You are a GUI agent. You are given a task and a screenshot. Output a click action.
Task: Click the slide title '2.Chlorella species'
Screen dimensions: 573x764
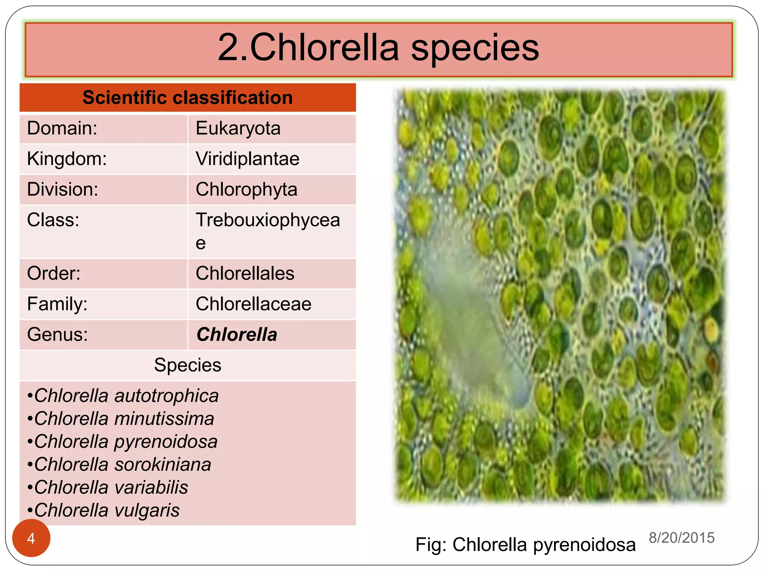coord(378,48)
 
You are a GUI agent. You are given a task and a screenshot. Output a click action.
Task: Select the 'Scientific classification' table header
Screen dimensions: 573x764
coord(187,98)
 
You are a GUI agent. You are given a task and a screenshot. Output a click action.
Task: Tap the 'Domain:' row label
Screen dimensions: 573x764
coord(62,128)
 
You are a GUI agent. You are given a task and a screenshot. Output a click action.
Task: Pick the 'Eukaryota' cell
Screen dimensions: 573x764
coord(238,128)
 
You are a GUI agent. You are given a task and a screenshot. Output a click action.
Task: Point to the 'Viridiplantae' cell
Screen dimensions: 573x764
coord(247,159)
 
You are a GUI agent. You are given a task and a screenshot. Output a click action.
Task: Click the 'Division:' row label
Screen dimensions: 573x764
coord(63,190)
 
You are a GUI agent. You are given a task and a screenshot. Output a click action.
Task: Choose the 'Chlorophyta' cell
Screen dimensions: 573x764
coord(246,190)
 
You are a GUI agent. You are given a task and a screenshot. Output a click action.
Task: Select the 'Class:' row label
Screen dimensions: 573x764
coord(53,220)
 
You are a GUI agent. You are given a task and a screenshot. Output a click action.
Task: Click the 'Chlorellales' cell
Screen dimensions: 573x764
coord(245,273)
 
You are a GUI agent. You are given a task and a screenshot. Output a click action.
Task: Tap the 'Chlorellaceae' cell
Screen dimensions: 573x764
coord(253,304)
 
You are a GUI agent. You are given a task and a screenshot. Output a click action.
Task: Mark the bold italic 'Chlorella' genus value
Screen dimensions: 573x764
coord(237,335)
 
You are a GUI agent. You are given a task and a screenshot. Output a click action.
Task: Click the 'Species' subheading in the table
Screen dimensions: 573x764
coord(187,365)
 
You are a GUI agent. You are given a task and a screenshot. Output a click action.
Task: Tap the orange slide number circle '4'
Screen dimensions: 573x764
coord(31,538)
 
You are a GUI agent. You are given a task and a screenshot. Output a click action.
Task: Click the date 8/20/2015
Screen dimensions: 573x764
coord(682,538)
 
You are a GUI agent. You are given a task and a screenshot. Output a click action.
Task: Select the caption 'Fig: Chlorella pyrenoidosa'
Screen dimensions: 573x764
coord(525,545)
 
